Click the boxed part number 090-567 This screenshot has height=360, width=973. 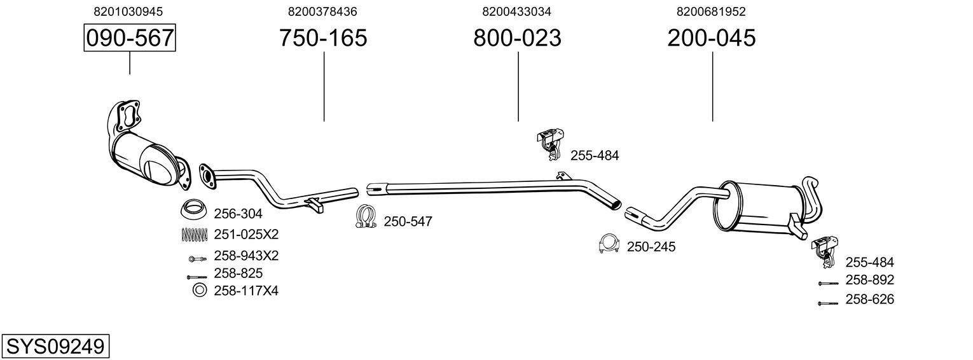130,38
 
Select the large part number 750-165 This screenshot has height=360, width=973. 323,38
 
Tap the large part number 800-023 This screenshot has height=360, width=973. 517,38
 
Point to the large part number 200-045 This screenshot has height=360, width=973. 712,38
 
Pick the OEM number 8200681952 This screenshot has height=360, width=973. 711,11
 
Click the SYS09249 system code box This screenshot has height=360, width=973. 55,347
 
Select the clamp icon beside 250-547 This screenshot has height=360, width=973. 366,217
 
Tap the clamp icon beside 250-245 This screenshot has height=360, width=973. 609,244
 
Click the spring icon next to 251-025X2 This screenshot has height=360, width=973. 195,234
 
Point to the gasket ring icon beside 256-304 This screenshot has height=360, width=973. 194,209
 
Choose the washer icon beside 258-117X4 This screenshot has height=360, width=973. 199,291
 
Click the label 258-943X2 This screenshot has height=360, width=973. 246,256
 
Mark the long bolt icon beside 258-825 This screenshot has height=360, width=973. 197,277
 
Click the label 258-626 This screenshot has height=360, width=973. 869,299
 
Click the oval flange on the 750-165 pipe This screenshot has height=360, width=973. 207,176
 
